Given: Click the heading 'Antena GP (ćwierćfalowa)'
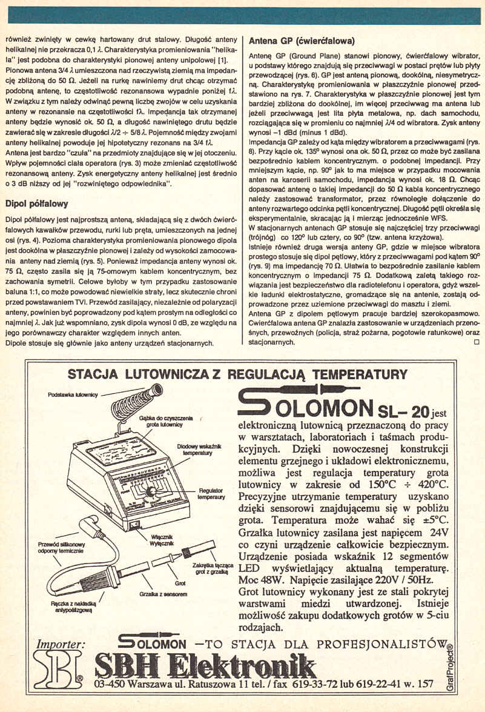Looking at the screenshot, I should (x=302, y=41).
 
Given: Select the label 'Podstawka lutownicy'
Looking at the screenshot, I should (x=70, y=394).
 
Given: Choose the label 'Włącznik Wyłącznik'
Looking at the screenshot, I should (x=162, y=541).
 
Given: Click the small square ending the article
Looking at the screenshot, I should (x=476, y=342).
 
